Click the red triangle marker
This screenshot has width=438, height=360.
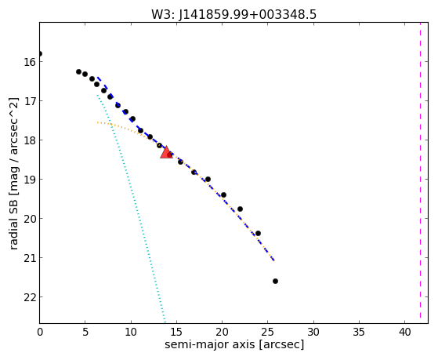point(166,152)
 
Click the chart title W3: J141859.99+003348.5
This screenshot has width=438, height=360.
point(233,14)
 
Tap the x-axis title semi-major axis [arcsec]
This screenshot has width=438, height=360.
point(234,344)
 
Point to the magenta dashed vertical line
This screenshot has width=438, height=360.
point(420,170)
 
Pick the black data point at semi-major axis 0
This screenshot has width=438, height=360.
point(40,53)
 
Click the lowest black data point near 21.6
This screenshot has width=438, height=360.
point(275,281)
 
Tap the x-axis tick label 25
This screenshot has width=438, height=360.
point(268,333)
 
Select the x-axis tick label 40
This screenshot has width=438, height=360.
point(404,333)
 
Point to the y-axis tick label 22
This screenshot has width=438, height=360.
point(30,297)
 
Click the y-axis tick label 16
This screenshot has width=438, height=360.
point(30,61)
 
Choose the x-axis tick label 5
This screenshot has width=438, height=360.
point(85,333)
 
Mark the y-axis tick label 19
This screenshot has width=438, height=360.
point(30,180)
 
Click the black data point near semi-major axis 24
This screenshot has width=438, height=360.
point(258,233)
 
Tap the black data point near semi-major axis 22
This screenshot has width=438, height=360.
point(240,209)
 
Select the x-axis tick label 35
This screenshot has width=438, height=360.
point(359,333)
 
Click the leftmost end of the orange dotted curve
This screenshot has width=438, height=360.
point(97,122)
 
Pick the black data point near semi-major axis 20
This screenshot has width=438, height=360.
point(223,195)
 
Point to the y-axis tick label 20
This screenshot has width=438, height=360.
point(30,219)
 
